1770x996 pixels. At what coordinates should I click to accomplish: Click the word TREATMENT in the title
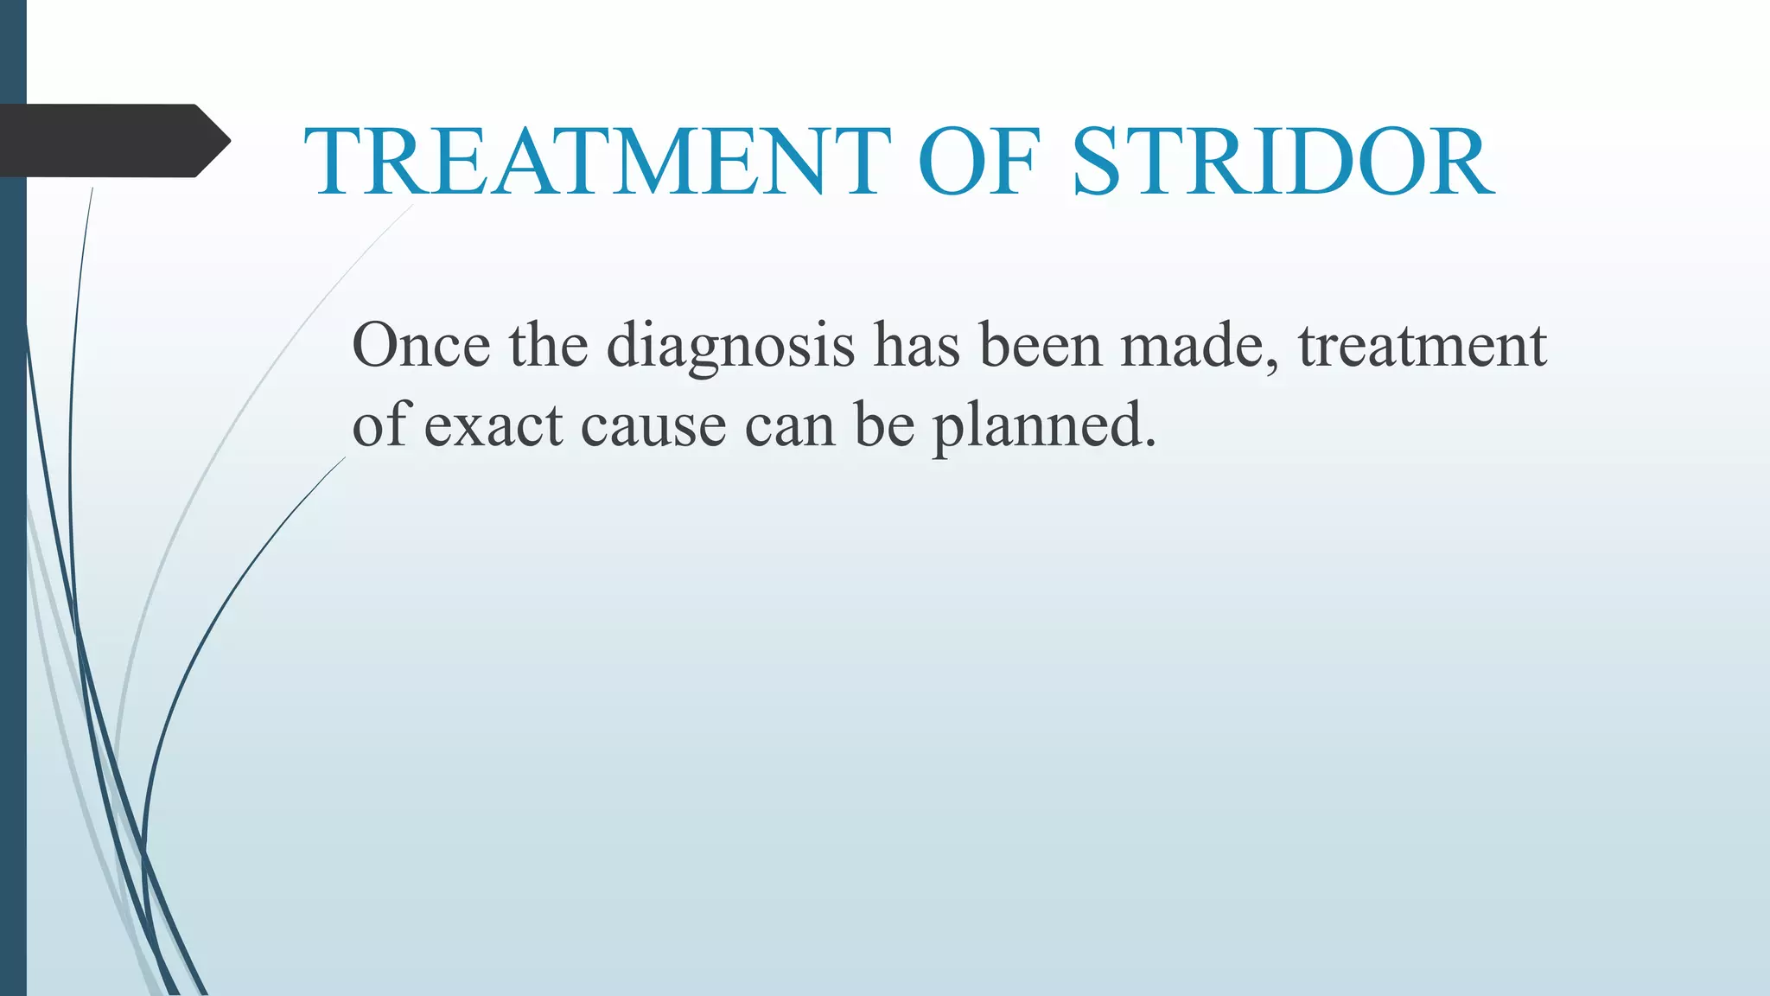point(596,163)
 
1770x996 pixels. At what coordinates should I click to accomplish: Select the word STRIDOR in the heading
point(1283,163)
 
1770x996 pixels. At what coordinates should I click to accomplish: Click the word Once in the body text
point(421,346)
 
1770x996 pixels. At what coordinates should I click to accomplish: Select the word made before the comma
point(1191,346)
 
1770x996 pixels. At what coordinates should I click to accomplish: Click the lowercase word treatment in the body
point(1422,346)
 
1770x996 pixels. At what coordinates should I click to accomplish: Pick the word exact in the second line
point(493,426)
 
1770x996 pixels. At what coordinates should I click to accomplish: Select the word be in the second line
point(884,426)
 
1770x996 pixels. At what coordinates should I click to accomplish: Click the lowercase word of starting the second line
point(380,425)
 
